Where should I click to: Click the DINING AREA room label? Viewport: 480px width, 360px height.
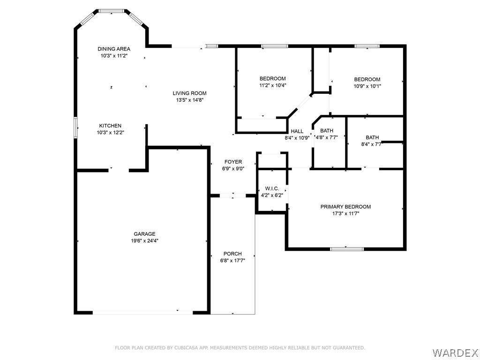(x=114, y=49)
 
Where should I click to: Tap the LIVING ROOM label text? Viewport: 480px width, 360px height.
(x=189, y=93)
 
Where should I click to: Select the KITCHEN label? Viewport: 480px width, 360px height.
(x=110, y=126)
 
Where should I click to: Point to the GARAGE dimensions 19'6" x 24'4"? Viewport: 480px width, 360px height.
(x=144, y=241)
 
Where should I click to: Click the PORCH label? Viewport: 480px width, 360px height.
(x=232, y=254)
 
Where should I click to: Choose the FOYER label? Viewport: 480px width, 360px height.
(x=233, y=162)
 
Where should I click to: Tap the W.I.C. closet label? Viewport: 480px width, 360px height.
(x=272, y=188)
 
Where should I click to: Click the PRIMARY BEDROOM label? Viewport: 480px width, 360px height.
(x=345, y=207)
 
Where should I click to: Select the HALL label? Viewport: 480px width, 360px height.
(x=297, y=131)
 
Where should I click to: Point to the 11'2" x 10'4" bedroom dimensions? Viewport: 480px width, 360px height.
(x=273, y=85)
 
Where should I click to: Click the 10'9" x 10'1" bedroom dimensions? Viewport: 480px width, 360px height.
(x=367, y=86)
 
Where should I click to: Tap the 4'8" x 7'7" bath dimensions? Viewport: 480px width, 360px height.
(x=327, y=138)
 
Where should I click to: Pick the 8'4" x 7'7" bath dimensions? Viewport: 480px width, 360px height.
(x=372, y=144)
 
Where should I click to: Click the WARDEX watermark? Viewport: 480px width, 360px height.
(x=456, y=352)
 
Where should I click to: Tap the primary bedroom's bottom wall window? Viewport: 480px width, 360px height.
(x=347, y=249)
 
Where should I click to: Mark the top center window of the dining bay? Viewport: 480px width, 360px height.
(x=112, y=11)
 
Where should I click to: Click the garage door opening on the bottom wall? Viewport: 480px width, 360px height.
(x=142, y=312)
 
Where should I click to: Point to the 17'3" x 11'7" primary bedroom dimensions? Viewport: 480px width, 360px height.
(x=346, y=214)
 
